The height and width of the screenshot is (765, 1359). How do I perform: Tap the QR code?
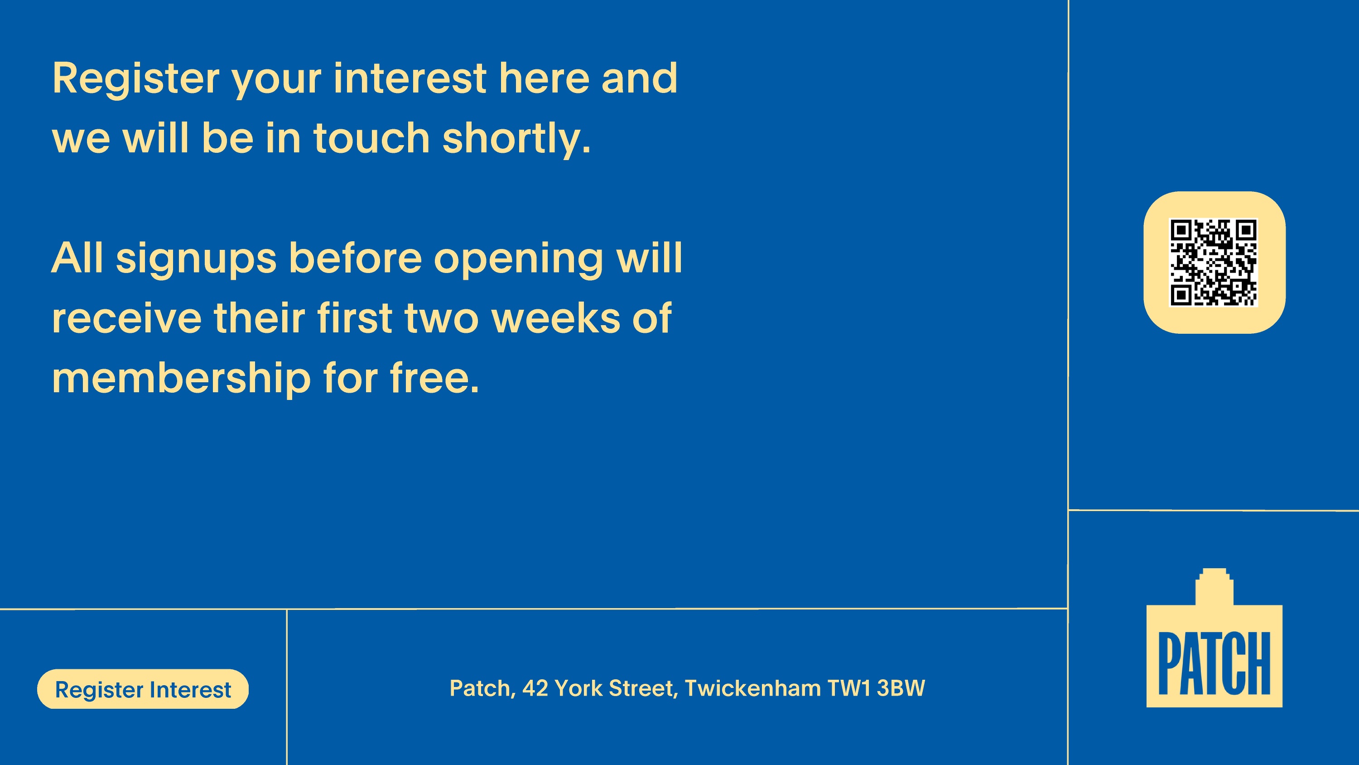pyautogui.click(x=1214, y=263)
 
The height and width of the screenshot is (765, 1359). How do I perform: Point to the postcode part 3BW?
pyautogui.click(x=901, y=688)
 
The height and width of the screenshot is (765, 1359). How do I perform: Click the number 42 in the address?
pyautogui.click(x=535, y=688)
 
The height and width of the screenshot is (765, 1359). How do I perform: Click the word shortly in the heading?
pyautogui.click(x=516, y=138)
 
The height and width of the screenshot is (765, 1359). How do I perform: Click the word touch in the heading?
pyautogui.click(x=372, y=138)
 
